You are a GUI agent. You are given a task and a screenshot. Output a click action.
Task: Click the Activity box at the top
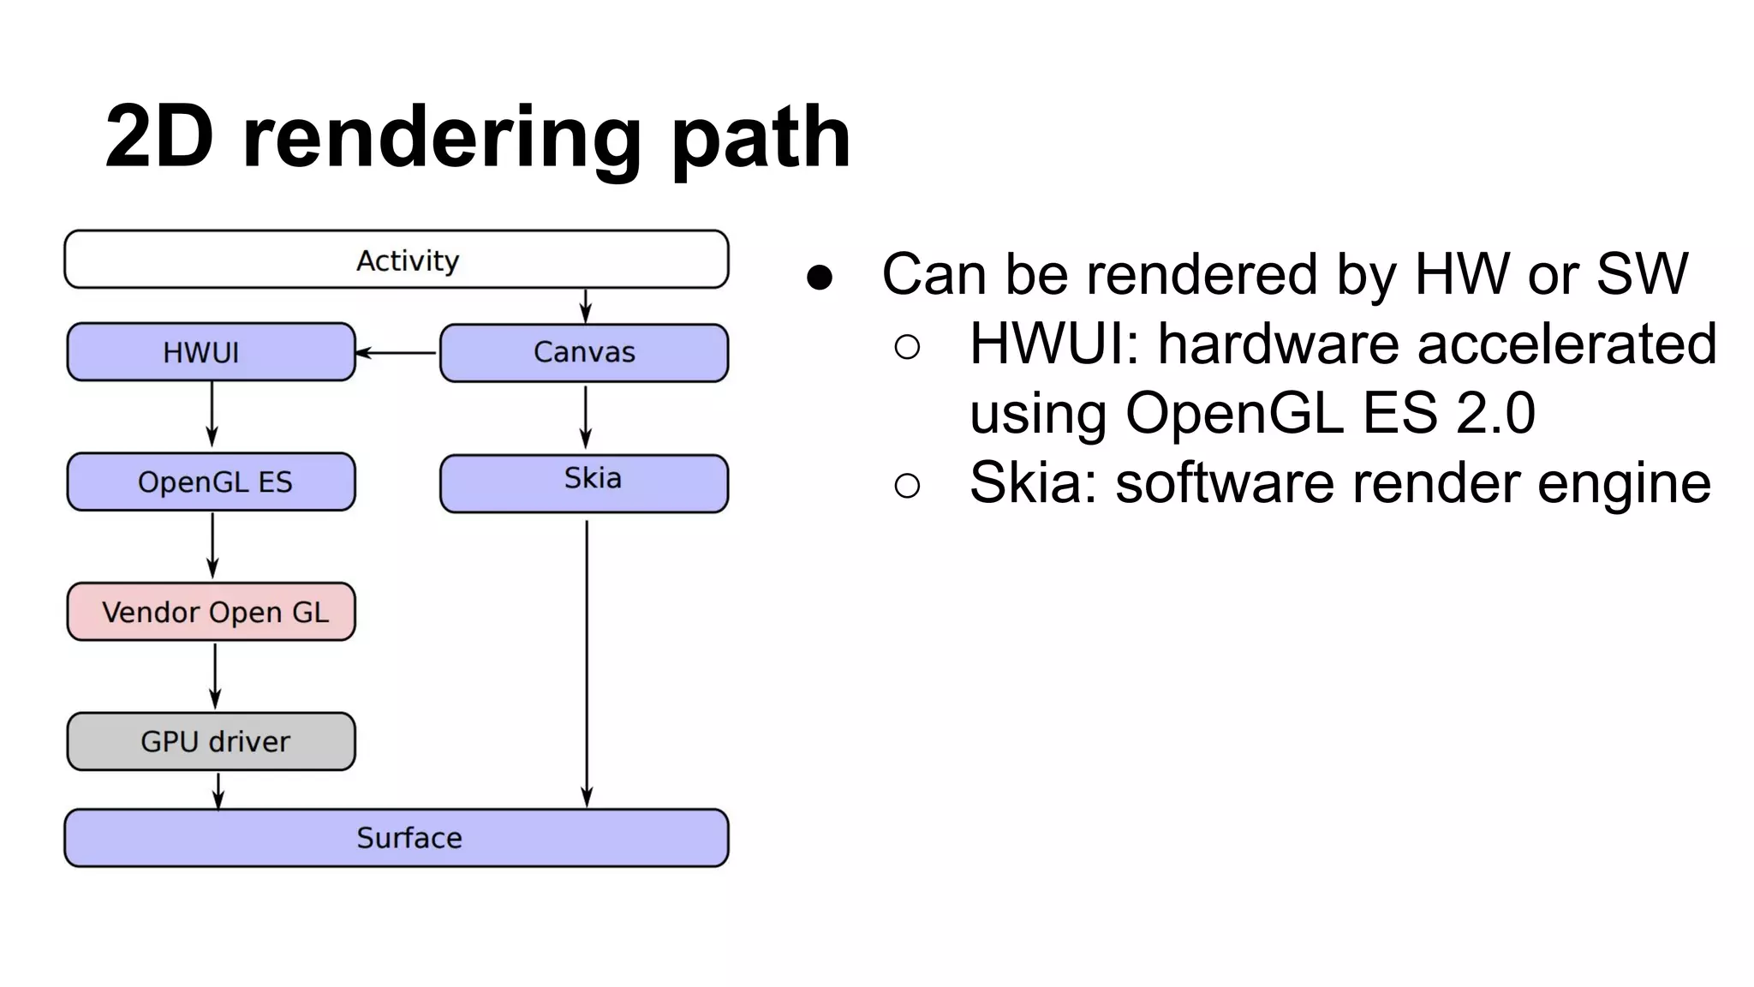(396, 260)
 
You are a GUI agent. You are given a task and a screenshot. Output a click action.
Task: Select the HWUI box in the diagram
(211, 352)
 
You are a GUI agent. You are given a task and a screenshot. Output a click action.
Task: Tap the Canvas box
(584, 352)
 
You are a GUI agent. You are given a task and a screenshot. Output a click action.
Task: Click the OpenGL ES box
(211, 482)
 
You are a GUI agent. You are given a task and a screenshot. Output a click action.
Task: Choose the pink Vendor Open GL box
(211, 612)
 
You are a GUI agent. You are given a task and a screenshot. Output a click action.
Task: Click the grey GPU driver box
(211, 741)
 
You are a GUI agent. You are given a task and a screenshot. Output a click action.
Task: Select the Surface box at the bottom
(396, 837)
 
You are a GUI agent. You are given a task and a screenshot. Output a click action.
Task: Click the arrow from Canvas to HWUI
(397, 352)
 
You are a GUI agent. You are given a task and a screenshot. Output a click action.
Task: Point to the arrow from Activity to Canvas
(586, 306)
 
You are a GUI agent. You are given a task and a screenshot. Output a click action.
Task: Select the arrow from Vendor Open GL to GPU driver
(215, 675)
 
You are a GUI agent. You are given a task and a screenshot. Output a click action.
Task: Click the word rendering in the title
(441, 137)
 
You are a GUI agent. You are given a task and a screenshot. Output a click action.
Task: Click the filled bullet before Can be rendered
(820, 277)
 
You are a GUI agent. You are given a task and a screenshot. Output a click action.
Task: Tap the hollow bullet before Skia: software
(907, 486)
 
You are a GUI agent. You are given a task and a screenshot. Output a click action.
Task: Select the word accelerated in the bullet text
(1566, 344)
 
